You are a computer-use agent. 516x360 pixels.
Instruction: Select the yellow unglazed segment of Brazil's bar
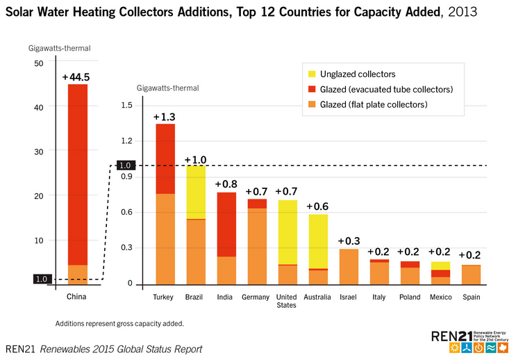195,192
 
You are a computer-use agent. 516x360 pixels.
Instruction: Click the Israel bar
348,267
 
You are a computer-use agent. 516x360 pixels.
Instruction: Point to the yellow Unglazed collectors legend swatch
311,74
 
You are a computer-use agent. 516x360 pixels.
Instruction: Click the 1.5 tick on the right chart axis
126,106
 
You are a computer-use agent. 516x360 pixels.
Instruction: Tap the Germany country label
256,297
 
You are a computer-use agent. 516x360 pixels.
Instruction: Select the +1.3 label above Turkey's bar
165,117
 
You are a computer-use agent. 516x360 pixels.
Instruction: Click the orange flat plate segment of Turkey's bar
165,238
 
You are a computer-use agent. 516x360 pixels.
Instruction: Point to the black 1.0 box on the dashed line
124,165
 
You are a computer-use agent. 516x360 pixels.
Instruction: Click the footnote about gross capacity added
119,324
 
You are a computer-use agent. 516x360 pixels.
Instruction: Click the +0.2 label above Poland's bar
410,252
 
